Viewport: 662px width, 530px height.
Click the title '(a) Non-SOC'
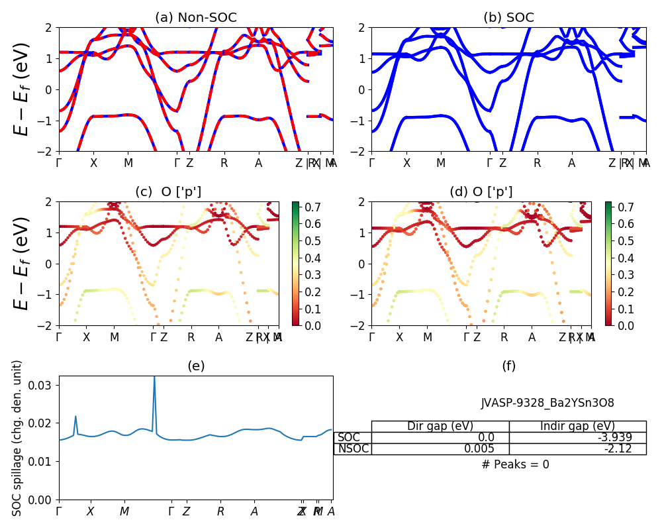[x=195, y=18]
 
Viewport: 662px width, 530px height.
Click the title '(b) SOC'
[x=508, y=18]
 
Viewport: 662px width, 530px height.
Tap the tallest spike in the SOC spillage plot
[x=154, y=378]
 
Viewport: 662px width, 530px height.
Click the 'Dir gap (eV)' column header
[x=440, y=426]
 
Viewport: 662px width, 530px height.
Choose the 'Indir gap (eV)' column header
[x=577, y=426]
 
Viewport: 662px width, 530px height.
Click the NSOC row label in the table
[x=352, y=449]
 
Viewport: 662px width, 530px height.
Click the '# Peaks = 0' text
[x=515, y=464]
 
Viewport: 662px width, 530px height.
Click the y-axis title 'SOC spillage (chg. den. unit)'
[x=18, y=438]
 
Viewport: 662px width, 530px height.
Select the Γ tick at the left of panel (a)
[x=59, y=163]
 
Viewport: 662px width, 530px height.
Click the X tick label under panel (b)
[x=406, y=163]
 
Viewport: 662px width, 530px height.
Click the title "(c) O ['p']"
[x=168, y=192]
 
